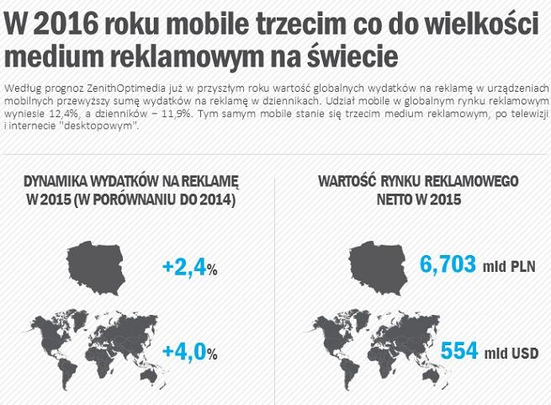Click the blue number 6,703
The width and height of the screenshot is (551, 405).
click(x=448, y=264)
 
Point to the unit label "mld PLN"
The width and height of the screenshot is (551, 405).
click(x=509, y=268)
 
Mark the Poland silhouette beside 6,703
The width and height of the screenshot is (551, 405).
click(x=379, y=262)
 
